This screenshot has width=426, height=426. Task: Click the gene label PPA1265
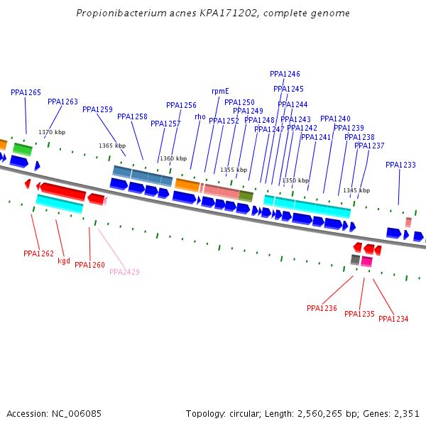click(x=26, y=92)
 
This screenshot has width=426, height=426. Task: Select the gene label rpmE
click(x=220, y=91)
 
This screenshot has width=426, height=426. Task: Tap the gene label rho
click(x=200, y=116)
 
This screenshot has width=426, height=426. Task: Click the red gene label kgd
click(x=64, y=261)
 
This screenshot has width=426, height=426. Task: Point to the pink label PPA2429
click(x=124, y=272)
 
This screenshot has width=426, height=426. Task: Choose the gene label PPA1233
click(x=400, y=165)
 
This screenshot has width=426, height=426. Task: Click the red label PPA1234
click(x=393, y=319)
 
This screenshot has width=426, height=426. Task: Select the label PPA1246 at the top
click(x=285, y=74)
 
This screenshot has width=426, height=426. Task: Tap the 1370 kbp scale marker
click(x=52, y=132)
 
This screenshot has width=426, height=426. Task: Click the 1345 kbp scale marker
click(x=356, y=190)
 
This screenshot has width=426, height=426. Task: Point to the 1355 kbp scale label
click(x=234, y=170)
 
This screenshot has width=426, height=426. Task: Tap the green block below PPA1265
click(x=23, y=148)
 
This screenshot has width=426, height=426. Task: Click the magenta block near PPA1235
click(x=366, y=261)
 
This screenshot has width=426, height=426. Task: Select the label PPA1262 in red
click(x=38, y=253)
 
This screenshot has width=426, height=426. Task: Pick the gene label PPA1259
click(x=97, y=109)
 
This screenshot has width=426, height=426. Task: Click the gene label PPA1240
click(x=335, y=119)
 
